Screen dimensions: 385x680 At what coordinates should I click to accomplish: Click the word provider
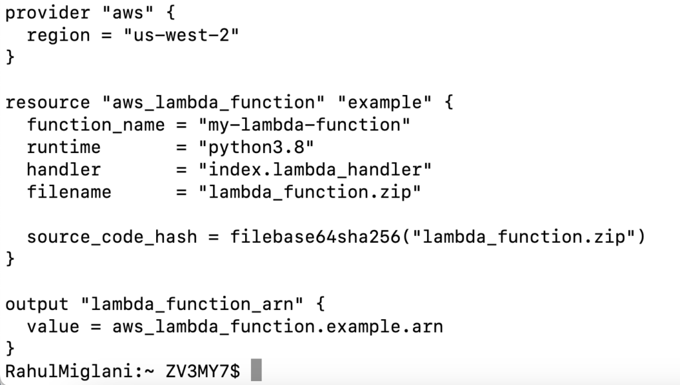(x=47, y=13)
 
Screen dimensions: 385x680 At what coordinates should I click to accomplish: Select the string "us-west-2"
(x=181, y=35)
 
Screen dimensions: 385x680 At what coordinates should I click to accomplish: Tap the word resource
(x=47, y=103)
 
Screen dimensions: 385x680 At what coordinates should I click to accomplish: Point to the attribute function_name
(x=96, y=125)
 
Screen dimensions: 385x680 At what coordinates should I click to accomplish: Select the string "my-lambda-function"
(x=304, y=125)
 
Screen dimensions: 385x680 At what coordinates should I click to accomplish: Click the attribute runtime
(x=64, y=148)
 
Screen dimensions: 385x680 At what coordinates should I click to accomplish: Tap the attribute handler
(x=64, y=170)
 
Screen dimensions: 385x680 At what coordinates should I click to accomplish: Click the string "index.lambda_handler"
(x=315, y=170)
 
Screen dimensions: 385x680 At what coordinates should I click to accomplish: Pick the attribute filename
(x=69, y=193)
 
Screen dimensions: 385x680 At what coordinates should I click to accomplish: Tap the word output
(x=37, y=305)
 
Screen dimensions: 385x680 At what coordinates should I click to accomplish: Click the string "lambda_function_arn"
(x=192, y=305)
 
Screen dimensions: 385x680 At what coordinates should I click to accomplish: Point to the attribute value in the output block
(x=53, y=327)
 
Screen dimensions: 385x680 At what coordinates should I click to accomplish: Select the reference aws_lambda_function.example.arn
(x=278, y=327)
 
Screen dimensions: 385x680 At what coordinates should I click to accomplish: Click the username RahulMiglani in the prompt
(x=69, y=371)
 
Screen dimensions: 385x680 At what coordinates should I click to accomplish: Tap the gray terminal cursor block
(x=256, y=371)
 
